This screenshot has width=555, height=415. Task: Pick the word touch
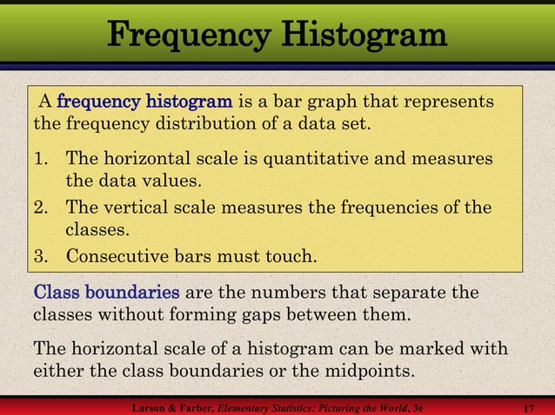[291, 257]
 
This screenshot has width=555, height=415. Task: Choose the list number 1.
[41, 160]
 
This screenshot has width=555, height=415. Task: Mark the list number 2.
[41, 208]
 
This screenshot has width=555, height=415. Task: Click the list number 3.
[41, 257]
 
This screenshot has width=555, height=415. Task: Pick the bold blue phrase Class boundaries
[107, 292]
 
